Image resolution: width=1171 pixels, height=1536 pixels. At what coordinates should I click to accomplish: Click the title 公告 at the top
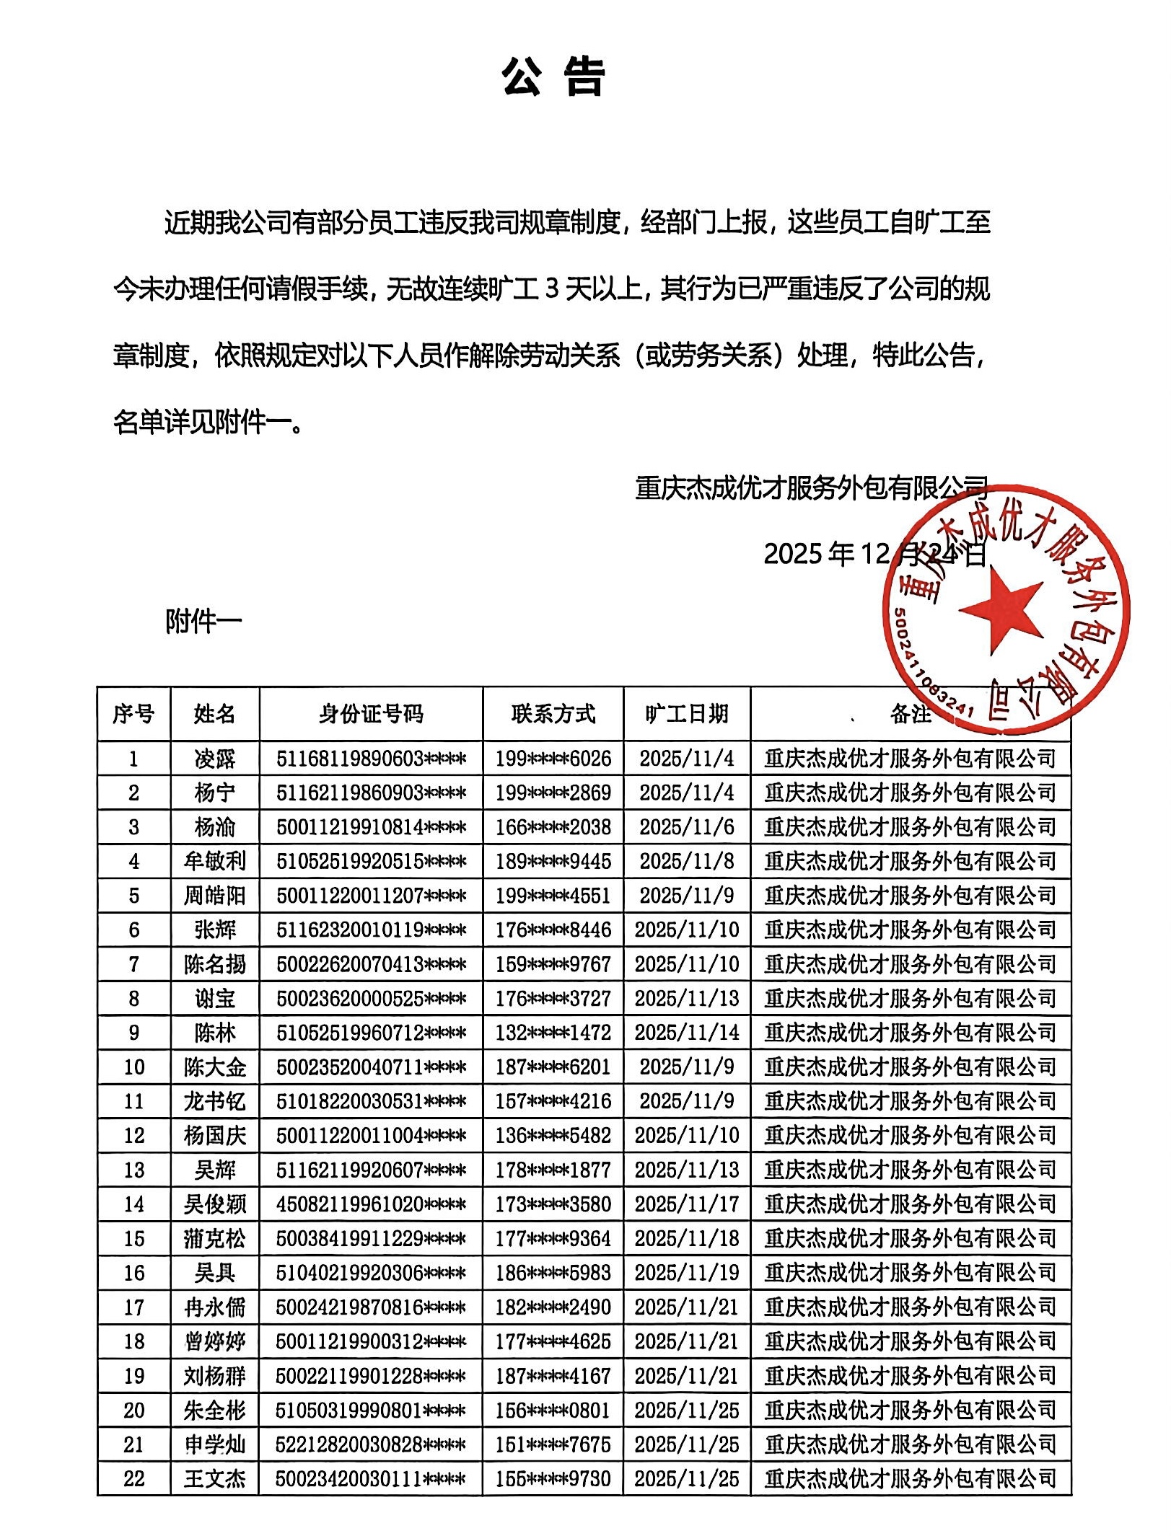point(553,78)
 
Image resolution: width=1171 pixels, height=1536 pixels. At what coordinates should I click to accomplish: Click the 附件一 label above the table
point(203,621)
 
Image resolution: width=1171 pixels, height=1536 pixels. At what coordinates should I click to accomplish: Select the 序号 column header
point(133,714)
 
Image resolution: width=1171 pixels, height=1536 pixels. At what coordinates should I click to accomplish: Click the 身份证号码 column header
point(371,714)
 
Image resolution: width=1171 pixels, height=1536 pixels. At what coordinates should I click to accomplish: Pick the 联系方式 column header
point(553,714)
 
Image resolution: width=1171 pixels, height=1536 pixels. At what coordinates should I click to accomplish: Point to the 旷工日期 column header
point(687,714)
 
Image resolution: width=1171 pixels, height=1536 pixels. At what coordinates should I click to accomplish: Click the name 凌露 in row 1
point(215,759)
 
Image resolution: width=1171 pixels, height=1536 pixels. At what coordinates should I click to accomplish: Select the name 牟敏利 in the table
point(215,861)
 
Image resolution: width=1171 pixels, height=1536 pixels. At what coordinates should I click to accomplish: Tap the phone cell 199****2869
point(553,793)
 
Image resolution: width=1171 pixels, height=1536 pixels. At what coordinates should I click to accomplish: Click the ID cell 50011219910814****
point(371,827)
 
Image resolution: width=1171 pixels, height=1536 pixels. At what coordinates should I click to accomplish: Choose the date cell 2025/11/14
point(687,1033)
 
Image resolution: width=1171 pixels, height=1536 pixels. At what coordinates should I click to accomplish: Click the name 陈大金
point(215,1067)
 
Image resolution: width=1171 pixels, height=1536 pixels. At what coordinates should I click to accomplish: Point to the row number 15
point(134,1239)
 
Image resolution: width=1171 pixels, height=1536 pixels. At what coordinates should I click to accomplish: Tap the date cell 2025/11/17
point(687,1204)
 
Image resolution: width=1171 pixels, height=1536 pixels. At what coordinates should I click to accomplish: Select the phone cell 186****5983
point(553,1273)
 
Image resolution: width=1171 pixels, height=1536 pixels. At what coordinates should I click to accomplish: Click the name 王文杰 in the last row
point(215,1479)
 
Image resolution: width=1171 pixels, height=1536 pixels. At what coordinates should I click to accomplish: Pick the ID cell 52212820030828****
point(371,1444)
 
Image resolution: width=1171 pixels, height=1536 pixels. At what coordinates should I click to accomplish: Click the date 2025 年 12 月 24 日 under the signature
point(875,555)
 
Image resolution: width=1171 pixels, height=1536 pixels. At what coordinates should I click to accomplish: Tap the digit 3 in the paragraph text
point(552,289)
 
